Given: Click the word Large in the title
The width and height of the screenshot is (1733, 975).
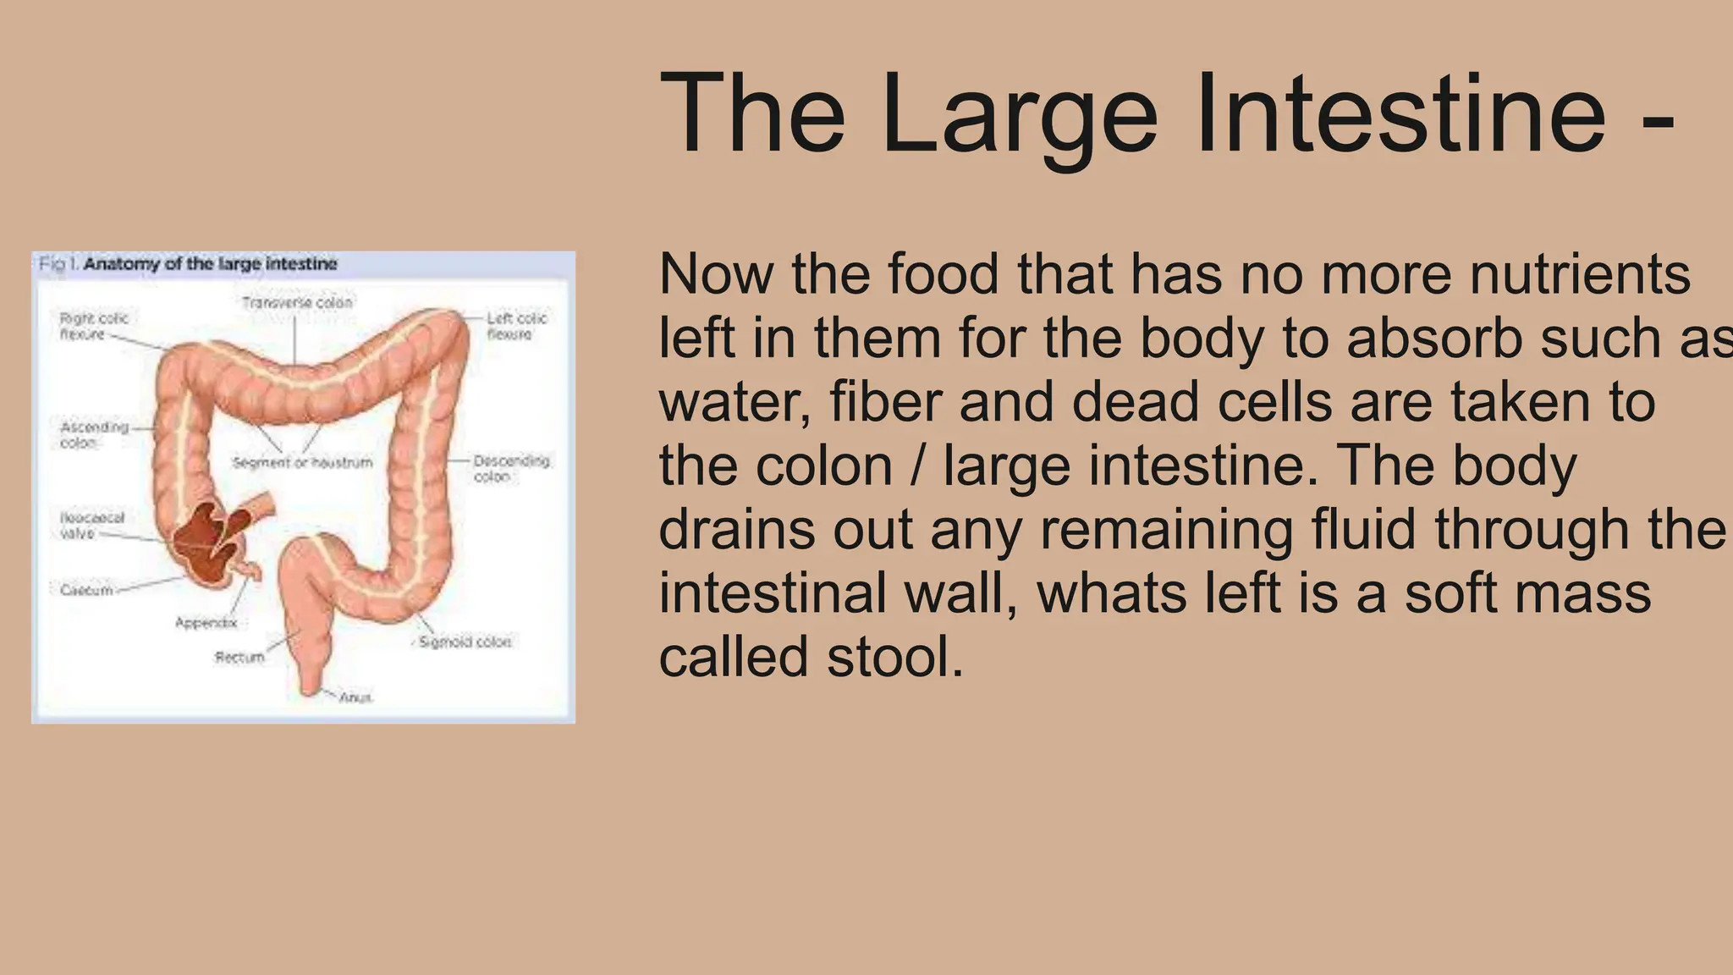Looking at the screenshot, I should [1019, 114].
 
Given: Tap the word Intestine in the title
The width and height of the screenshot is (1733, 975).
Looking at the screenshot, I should [1400, 114].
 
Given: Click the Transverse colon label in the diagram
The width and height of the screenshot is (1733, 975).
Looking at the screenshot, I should [297, 302].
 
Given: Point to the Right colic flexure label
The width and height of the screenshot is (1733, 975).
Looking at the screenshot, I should [93, 326].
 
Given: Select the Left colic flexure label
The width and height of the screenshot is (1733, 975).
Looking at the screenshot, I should [516, 326].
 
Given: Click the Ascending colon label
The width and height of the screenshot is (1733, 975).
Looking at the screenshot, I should [94, 434].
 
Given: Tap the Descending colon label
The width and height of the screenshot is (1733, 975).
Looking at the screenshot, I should [511, 468].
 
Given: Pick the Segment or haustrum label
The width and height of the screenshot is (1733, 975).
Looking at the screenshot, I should [302, 462].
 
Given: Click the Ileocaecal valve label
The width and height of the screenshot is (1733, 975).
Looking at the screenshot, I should [91, 525].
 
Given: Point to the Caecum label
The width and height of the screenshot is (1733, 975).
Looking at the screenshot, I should [86, 590].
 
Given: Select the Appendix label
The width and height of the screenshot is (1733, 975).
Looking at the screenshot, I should [206, 623].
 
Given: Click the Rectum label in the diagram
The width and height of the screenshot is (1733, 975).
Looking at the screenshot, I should [239, 657].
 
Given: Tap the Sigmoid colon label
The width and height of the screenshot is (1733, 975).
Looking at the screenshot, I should [465, 642].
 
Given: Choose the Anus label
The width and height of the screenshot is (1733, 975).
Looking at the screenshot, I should [355, 697].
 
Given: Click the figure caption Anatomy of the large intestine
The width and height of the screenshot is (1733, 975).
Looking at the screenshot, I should [210, 264].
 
